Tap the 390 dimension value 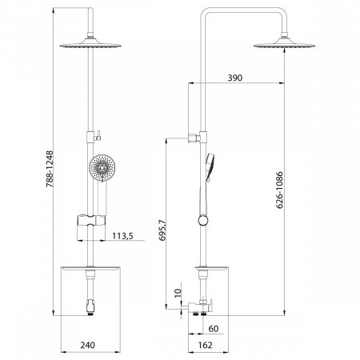click(x=234, y=79)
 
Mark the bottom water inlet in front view click(x=90, y=308)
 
